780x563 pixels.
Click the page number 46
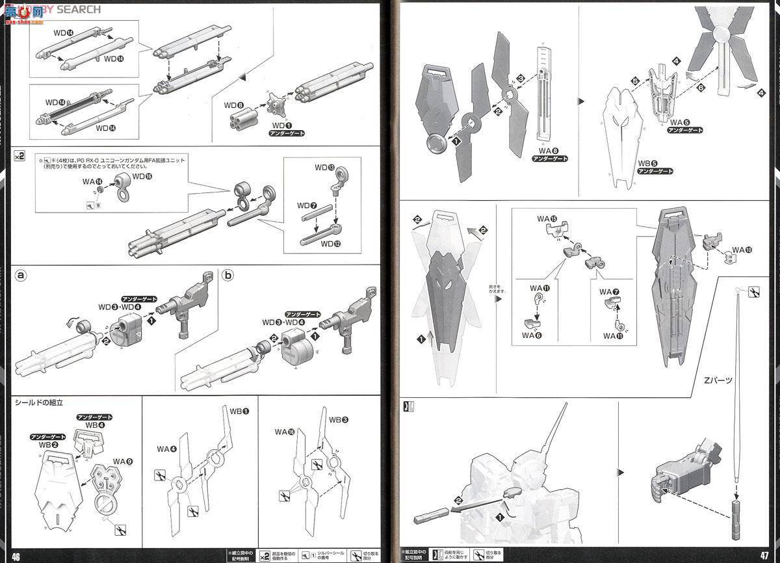(16, 555)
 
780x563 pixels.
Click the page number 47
(764, 555)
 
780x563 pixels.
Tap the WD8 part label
(234, 104)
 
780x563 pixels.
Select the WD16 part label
(142, 176)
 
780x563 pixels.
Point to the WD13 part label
(326, 168)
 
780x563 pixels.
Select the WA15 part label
(548, 218)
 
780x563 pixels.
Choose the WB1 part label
(239, 412)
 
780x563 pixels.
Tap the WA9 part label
(123, 462)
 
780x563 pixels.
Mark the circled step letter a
(21, 275)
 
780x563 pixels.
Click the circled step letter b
(227, 275)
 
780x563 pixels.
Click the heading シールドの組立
(39, 403)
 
